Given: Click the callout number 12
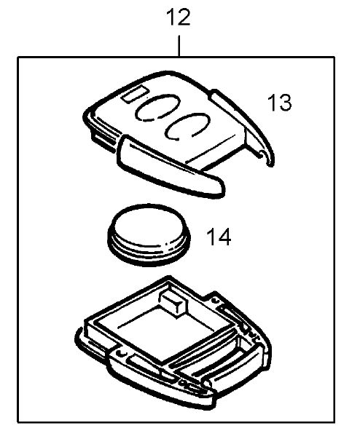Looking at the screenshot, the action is tap(179, 17).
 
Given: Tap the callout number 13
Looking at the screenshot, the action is tap(280, 103).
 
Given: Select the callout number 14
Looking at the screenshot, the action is tap(219, 237).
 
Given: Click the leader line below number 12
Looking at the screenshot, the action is tap(179, 46).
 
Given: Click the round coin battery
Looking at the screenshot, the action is tap(149, 234).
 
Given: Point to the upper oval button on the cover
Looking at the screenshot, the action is tap(157, 108).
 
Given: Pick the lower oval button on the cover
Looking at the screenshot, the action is tap(187, 126).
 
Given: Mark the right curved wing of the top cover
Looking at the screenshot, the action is tap(243, 126).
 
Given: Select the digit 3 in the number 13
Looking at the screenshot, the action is tap(285, 103).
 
